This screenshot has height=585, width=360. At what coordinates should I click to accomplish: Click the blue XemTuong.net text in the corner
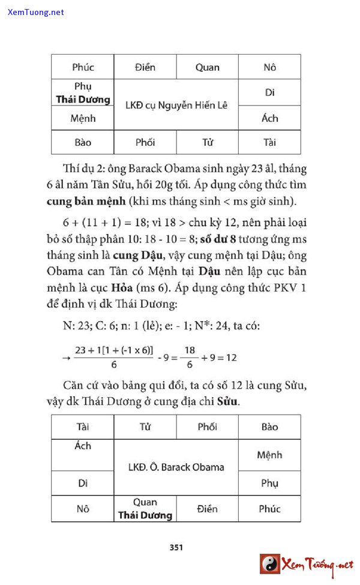pos(36,12)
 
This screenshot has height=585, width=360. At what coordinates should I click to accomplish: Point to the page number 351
pos(176,547)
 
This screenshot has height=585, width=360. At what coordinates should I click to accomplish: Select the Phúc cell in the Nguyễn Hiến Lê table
pos(83,67)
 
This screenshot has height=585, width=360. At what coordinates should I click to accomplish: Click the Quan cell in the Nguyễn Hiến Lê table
pos(207,67)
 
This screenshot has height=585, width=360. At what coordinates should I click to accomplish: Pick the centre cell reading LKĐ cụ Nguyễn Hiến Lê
pos(176,105)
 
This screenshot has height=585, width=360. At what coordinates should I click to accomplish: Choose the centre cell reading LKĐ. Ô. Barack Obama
pos(176,467)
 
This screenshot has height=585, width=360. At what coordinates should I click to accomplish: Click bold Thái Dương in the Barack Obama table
pos(145,515)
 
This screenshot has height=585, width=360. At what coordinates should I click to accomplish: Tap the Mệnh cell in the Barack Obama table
pos(269,455)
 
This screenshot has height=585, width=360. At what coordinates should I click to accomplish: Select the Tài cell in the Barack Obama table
pos(83,427)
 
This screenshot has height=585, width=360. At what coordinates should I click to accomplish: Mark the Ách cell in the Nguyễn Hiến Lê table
pos(269,118)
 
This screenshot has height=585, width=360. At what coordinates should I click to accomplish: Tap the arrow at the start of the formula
pos(66,358)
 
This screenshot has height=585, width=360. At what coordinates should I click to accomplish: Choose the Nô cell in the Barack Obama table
pos(83,509)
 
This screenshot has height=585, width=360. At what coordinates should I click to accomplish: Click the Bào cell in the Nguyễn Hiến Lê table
pos(83,142)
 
